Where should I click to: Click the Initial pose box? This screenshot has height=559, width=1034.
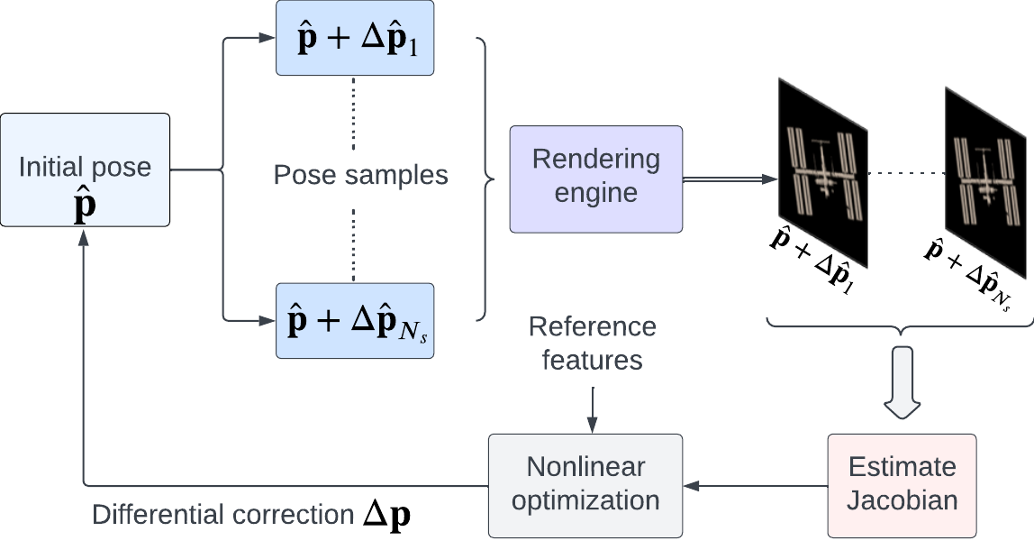coord(86,170)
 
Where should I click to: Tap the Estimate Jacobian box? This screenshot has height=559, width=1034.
coord(902,485)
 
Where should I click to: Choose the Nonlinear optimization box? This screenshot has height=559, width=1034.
coord(585,485)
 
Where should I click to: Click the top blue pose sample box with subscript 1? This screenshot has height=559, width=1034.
coord(354,39)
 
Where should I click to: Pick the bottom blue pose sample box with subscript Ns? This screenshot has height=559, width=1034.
coord(354,321)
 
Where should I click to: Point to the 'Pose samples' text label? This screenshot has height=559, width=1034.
coord(360,174)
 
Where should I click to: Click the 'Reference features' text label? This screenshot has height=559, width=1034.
coord(592,344)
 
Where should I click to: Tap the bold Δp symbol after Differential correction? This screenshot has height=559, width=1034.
coord(388,515)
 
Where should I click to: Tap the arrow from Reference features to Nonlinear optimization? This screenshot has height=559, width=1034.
coord(592,407)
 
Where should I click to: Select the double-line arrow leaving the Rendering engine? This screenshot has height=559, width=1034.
coord(730,180)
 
